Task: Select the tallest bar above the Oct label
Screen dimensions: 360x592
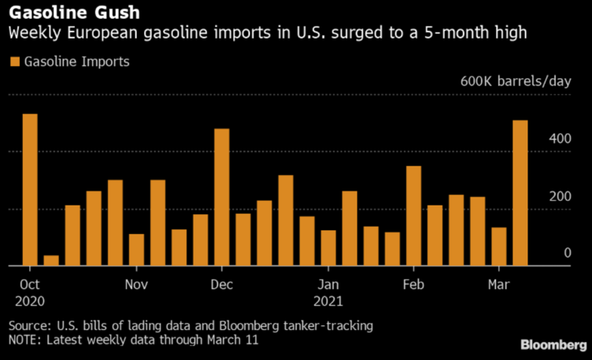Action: point(30,190)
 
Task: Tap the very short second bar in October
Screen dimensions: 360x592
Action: point(51,260)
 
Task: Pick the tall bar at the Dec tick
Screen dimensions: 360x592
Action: point(222,197)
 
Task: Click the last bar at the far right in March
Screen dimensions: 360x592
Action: point(520,193)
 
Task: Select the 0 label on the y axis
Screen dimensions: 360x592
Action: point(567,253)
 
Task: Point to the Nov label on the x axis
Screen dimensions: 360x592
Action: point(137,284)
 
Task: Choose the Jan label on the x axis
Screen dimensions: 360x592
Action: point(329,284)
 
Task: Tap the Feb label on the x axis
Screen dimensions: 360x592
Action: point(414,284)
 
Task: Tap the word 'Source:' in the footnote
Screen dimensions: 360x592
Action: point(29,325)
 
